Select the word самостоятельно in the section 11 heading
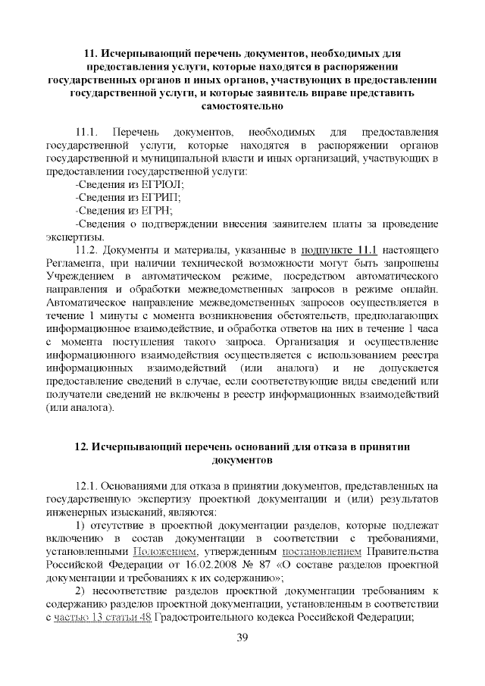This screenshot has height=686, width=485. (x=242, y=108)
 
